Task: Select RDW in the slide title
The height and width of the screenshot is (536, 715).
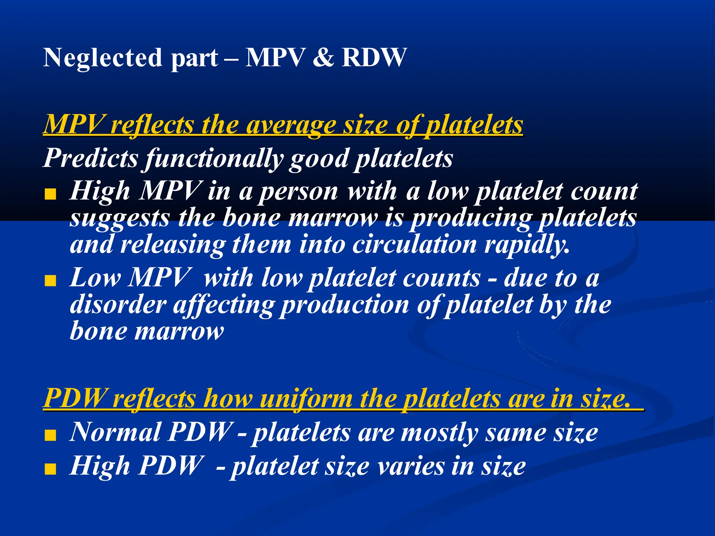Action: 374,58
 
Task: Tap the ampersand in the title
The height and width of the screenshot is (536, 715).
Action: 323,58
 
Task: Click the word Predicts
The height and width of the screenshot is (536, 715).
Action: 91,158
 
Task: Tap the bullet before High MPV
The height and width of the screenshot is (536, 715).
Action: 51,194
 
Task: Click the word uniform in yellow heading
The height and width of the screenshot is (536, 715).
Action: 307,399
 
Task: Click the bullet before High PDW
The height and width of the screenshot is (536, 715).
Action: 51,469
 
